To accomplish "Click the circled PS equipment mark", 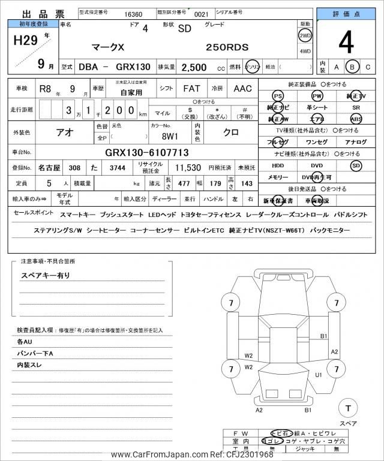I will click(x=277, y=96).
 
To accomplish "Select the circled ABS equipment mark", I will click(x=356, y=119).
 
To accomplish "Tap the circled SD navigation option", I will click(x=356, y=165).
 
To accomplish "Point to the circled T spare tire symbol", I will click(x=347, y=408).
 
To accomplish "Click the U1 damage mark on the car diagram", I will click(x=319, y=375).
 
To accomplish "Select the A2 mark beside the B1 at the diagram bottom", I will click(x=259, y=410).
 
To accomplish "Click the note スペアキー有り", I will click(x=46, y=275).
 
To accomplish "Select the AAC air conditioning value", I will click(x=243, y=88).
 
